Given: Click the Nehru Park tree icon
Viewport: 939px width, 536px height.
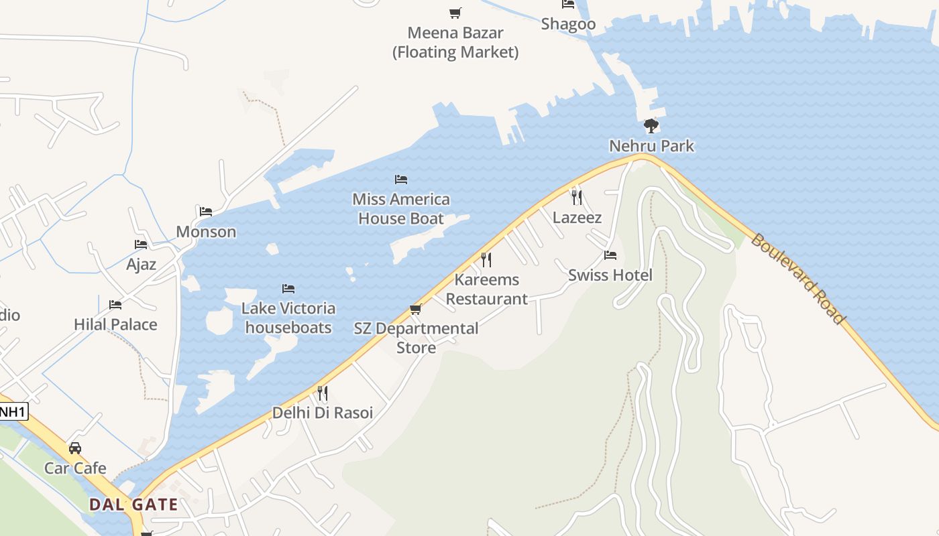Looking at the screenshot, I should pos(651,126).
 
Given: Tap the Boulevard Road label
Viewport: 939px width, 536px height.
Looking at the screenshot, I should pos(797,279).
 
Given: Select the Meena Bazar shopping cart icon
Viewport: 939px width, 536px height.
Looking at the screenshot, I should pos(455,13).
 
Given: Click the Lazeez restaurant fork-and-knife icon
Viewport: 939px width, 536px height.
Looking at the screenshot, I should pos(576,197).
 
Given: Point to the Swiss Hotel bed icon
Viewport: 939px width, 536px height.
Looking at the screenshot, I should pos(610,255).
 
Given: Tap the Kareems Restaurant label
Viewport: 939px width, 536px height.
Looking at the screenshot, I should pos(487,289).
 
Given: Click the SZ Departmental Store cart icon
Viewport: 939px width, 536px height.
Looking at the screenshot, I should pos(415,310).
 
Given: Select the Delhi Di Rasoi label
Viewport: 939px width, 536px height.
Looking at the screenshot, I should pos(322,413).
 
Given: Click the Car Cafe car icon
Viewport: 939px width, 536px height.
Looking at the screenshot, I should pos(75,448).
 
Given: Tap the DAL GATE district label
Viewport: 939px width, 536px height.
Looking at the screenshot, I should pos(134,505).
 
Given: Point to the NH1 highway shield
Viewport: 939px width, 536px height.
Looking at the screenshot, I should pos(13,412).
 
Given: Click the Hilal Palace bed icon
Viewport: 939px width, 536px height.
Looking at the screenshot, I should pos(115,305).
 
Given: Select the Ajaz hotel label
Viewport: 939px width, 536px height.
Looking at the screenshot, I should pos(142,265).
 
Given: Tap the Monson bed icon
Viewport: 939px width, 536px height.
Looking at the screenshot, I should pos(206,212).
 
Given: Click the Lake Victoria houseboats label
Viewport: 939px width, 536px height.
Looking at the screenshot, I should pos(288,318).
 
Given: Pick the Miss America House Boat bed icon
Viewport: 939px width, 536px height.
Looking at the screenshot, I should pos(401,180).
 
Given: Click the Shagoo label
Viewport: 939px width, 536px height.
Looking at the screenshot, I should pos(568,25).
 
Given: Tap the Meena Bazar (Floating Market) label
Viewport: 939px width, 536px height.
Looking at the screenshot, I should pos(455,42).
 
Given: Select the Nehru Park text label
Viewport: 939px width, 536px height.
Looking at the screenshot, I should pos(651,146).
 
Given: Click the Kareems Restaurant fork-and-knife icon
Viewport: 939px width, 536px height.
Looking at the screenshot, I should pos(486,259).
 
